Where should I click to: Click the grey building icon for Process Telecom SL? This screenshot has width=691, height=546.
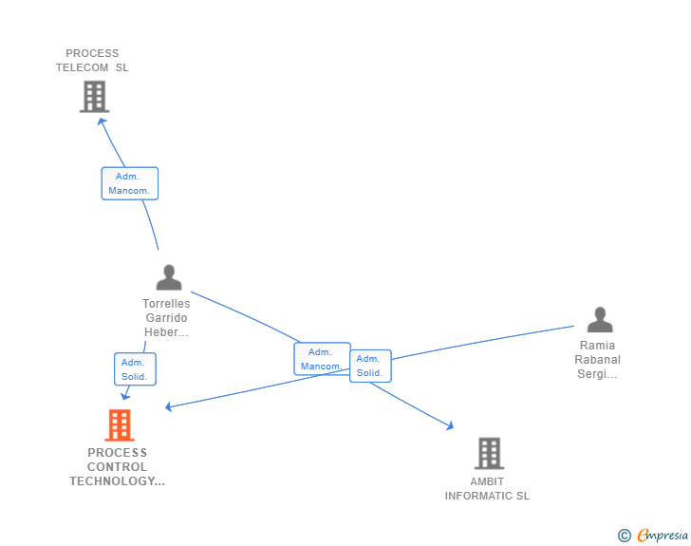coord(94,97)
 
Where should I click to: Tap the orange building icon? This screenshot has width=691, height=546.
coord(120,425)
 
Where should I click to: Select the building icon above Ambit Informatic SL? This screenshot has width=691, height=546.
coord(489,454)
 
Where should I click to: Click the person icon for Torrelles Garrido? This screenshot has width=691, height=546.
coord(169,277)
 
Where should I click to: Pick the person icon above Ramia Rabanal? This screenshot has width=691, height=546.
coord(600,320)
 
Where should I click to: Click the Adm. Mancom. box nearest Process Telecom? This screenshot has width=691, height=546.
coord(130,183)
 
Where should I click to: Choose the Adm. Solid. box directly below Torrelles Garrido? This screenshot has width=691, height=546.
coord(135,369)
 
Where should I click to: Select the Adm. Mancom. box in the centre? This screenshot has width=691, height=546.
coord(322,359)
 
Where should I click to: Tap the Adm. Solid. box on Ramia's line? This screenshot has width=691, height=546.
coord(370,366)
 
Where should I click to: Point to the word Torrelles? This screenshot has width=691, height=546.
coord(166,304)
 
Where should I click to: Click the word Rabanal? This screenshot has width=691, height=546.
coord(598,360)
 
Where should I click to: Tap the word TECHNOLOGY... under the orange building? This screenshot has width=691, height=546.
coord(117,481)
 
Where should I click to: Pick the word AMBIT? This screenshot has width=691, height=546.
coord(487,481)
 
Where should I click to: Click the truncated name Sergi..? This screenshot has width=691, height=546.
coord(598,374)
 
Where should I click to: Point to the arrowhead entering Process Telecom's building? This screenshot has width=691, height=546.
coord(103,121)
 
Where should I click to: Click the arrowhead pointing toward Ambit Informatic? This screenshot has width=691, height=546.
coord(449,426)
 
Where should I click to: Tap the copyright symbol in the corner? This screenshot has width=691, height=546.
coord(624,536)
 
